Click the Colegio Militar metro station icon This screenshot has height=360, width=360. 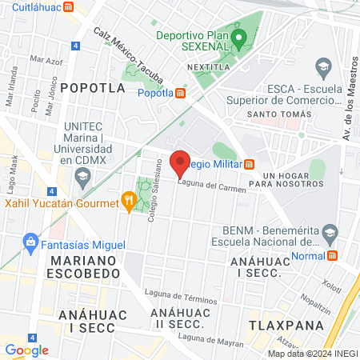click(x=250, y=164)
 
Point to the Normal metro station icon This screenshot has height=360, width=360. click(x=332, y=256)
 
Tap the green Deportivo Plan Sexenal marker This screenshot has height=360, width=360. click(x=238, y=37)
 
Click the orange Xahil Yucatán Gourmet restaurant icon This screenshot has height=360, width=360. click(x=126, y=202)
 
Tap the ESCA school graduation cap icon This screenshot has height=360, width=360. click(x=323, y=65)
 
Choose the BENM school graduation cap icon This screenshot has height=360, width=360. click(x=329, y=233)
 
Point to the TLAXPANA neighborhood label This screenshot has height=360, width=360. click(x=286, y=326)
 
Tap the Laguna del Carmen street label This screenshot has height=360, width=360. click(x=211, y=186)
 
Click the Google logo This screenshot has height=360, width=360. click(x=26, y=350)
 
